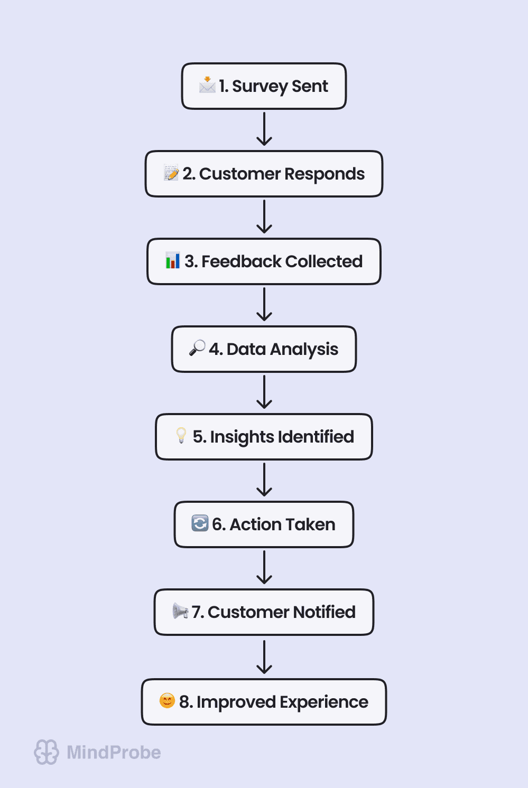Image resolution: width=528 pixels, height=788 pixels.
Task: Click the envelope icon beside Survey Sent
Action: tap(207, 85)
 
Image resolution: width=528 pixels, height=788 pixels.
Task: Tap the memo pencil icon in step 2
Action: tap(171, 173)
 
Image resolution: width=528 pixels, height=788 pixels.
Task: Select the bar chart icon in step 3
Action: tap(173, 260)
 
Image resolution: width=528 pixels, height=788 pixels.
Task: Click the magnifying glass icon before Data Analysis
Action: tap(197, 348)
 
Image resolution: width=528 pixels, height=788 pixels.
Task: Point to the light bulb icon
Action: tap(181, 435)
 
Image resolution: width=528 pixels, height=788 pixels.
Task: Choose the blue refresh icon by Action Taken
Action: tap(200, 523)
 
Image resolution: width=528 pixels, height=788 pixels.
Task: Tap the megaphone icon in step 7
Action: tap(180, 611)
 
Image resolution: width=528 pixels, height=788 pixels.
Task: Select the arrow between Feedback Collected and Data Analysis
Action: tap(264, 305)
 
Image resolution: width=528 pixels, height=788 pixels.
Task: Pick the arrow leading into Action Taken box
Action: tap(264, 480)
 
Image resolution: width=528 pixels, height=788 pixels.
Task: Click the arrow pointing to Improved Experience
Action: tap(264, 656)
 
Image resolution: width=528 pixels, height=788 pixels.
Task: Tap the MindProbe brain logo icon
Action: tap(47, 752)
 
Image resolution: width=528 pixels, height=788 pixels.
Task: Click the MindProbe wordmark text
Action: tap(114, 752)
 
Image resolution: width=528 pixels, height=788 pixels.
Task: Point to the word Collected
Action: tap(324, 261)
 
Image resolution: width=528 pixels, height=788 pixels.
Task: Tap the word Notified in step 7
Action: tap(324, 612)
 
